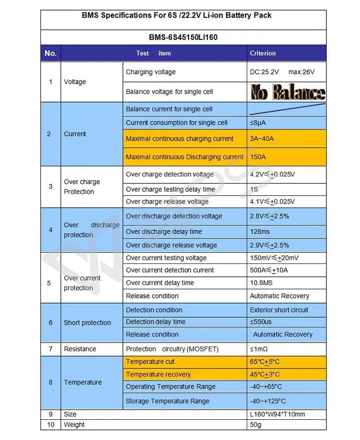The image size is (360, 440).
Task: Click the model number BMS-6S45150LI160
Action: [183, 37]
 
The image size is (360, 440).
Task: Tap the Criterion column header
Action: [263, 53]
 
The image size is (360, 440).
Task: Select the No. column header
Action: [50, 53]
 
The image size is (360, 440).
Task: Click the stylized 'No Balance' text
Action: [287, 92]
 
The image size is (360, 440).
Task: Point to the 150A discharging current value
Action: [258, 157]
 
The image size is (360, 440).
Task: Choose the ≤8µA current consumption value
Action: [258, 123]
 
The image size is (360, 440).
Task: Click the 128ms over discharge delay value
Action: [260, 232]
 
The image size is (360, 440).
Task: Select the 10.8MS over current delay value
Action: [262, 283]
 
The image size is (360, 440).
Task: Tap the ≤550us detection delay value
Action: [261, 322]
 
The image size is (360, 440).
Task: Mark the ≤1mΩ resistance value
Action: [259, 349]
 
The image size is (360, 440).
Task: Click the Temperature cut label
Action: [150, 362]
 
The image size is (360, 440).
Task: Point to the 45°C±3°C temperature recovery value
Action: [265, 374]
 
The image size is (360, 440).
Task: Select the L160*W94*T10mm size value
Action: [277, 414]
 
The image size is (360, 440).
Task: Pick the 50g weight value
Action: [256, 425]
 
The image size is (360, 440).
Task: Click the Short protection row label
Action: [87, 323]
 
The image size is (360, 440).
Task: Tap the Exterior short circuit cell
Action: [279, 310]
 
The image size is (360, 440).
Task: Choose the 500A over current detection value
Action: [269, 270]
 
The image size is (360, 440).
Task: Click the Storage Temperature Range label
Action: [168, 401]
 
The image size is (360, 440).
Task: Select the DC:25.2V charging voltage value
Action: [264, 72]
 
